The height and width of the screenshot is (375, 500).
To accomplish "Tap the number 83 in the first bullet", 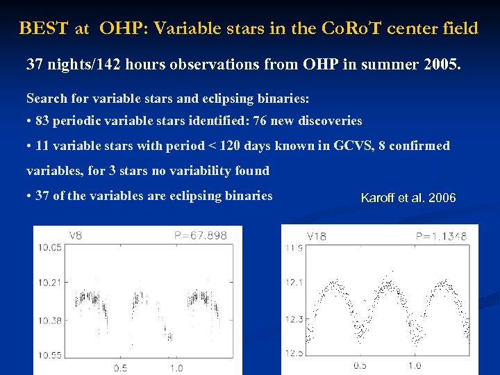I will (x=42, y=121).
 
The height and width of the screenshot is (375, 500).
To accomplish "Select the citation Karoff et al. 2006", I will (x=408, y=198).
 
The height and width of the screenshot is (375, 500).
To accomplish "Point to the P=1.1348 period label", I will (x=442, y=236).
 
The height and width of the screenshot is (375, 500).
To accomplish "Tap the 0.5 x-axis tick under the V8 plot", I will (x=120, y=367).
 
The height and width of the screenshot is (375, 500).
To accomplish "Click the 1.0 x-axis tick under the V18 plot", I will (x=415, y=366).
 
